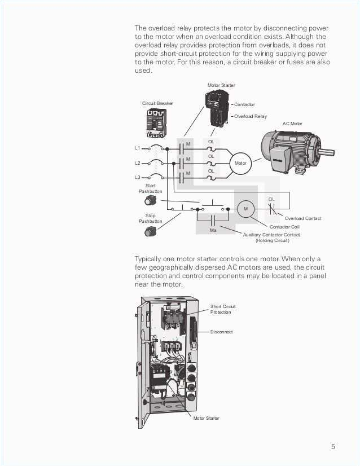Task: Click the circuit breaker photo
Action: [156, 122]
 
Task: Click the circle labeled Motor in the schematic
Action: [240, 163]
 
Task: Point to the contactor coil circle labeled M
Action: [245, 209]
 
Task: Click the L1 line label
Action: [137, 148]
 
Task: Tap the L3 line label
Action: [137, 177]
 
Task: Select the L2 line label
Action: [137, 163]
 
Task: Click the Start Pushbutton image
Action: [150, 200]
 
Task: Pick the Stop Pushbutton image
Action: [150, 231]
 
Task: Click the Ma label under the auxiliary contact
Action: [213, 230]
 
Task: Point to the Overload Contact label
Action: [303, 218]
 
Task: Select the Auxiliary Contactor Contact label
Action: [271, 235]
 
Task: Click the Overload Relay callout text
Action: [251, 116]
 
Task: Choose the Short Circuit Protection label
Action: [223, 309]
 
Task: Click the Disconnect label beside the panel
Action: [221, 332]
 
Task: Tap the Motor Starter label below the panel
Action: [206, 418]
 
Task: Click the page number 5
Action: [333, 447]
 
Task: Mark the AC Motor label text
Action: [292, 124]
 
